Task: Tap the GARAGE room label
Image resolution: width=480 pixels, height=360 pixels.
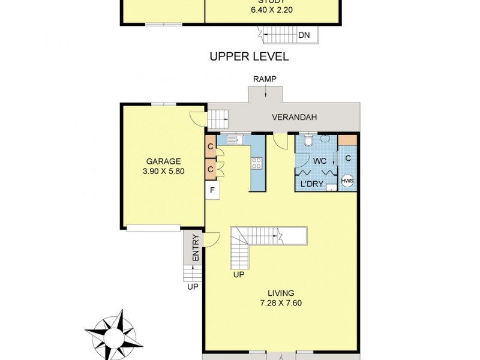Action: [164, 161]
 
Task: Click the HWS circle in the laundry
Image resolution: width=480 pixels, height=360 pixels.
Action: [347, 181]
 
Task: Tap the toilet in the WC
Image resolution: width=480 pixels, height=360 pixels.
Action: [307, 140]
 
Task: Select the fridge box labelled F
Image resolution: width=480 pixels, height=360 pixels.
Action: [212, 191]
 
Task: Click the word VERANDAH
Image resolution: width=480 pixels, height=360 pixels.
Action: [294, 118]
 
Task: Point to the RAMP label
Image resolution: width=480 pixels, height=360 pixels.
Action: [265, 79]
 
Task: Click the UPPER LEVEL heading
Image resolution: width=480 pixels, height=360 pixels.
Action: [249, 57]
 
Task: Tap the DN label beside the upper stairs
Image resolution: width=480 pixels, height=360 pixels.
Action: [304, 35]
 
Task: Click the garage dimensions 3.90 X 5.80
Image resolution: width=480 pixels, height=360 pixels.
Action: [164, 171]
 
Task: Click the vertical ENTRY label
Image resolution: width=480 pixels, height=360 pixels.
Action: [195, 253]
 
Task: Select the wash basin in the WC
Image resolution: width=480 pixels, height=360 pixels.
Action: [325, 138]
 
